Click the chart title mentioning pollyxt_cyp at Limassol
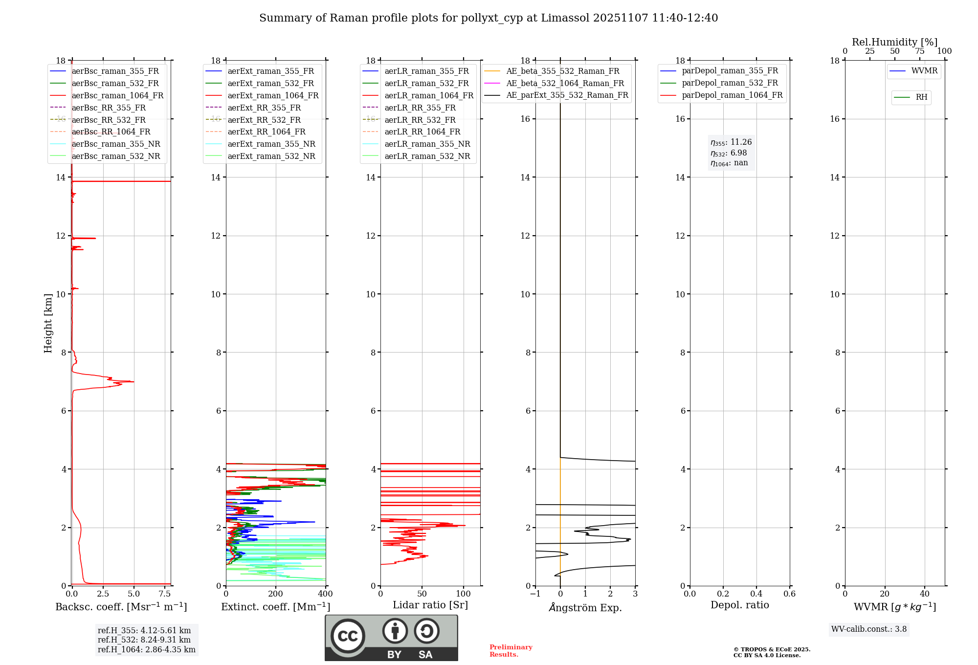pos(489,18)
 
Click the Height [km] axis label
pos(48,323)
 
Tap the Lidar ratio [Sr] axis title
pos(430,605)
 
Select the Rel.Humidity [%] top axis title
pos(894,42)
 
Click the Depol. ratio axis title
pos(739,605)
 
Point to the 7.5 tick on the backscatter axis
pos(165,594)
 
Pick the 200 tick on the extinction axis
pos(276,594)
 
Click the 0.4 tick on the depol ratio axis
pos(756,594)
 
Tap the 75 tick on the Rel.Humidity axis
pos(919,51)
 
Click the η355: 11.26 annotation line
pos(731,142)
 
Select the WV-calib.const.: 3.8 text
pos(869,629)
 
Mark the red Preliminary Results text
pos(511,651)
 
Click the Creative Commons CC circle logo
pos(348,636)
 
